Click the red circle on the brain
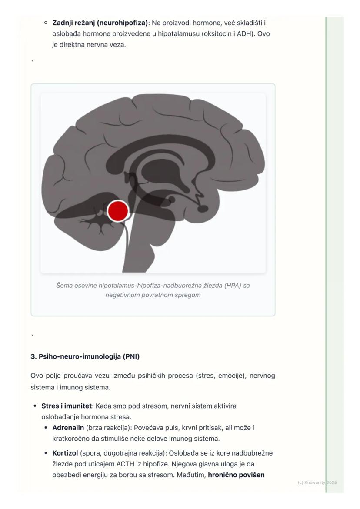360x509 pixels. pyautogui.click(x=118, y=211)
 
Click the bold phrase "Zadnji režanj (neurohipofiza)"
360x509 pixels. pyautogui.click(x=100, y=23)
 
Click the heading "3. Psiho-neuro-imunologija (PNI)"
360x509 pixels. pyautogui.click(x=85, y=356)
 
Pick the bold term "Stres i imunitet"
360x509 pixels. pyautogui.click(x=67, y=406)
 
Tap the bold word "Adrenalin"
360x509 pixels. pyautogui.click(x=68, y=428)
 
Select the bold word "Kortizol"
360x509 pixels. pyautogui.click(x=65, y=453)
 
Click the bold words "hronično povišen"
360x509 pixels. pyautogui.click(x=236, y=475)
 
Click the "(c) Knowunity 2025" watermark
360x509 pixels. pyautogui.click(x=317, y=483)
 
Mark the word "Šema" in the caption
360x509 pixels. pyautogui.click(x=64, y=286)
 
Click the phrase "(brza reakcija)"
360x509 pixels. pyautogui.click(x=108, y=428)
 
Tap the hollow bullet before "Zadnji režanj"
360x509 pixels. pyautogui.click(x=46, y=23)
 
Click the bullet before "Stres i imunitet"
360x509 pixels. pyautogui.click(x=35, y=406)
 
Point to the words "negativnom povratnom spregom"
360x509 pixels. pyautogui.click(x=153, y=295)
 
